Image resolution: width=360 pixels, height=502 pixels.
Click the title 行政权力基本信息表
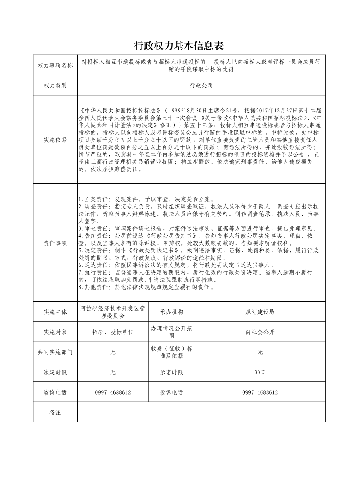point(180,46)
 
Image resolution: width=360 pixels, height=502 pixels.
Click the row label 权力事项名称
point(55,66)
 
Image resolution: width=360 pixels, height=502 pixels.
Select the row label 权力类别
point(55,85)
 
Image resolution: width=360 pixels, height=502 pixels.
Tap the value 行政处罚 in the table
point(201,85)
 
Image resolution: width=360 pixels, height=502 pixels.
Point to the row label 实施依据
point(55,140)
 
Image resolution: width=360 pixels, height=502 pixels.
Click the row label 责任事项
point(55,243)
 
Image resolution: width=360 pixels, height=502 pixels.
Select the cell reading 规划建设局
point(260,312)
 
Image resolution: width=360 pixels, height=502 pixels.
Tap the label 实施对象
point(55,332)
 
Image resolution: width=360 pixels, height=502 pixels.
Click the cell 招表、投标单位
point(112,332)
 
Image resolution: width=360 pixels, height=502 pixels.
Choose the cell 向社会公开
point(260,332)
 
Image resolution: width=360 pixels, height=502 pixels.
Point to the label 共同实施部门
point(55,352)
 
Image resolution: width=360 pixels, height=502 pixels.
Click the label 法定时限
point(55,372)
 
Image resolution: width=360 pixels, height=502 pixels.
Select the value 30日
point(260,372)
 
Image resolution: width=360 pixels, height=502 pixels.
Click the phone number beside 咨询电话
point(112,392)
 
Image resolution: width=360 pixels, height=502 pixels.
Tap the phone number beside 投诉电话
point(260,392)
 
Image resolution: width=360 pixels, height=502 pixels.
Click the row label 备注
point(55,412)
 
